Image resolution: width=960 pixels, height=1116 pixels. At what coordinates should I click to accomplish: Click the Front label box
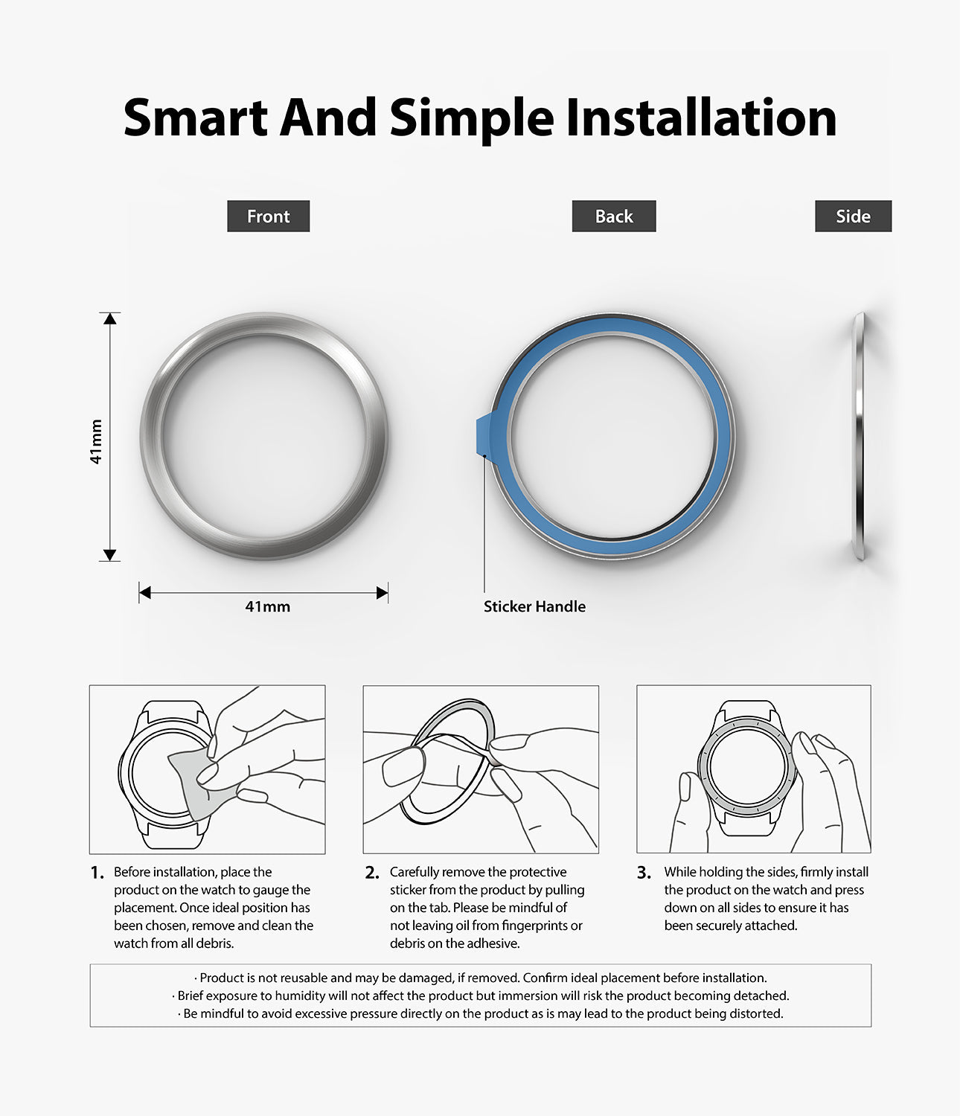click(x=268, y=217)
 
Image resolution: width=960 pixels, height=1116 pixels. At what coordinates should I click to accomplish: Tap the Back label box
click(x=614, y=217)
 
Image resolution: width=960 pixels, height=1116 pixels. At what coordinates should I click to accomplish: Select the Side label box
click(x=853, y=217)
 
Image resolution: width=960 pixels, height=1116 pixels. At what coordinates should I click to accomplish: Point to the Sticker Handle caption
click(x=534, y=606)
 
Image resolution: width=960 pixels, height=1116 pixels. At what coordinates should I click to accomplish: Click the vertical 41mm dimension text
click(x=95, y=442)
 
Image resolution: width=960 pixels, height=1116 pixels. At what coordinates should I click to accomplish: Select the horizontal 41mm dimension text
click(x=267, y=606)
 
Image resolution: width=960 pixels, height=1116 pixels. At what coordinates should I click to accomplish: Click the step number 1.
click(x=97, y=873)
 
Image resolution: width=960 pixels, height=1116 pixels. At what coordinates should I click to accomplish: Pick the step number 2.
click(x=372, y=873)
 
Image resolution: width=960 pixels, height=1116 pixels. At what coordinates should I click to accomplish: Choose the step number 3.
click(x=644, y=873)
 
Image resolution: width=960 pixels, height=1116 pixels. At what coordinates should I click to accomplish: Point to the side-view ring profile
click(x=860, y=435)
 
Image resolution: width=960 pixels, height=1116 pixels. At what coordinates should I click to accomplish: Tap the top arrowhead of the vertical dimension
click(x=110, y=318)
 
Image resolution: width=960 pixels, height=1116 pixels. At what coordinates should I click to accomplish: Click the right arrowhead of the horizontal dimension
click(x=383, y=593)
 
